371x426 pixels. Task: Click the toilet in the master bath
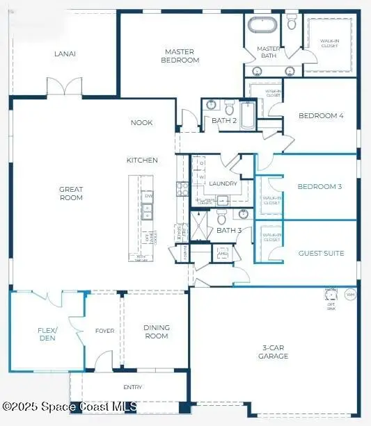point(291,23)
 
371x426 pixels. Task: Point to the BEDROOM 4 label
point(321,116)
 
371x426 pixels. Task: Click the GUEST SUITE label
point(321,254)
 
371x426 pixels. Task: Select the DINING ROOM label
point(156,331)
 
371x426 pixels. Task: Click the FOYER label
point(104,331)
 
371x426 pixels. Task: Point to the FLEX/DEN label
point(47,334)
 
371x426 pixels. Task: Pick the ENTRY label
point(132,387)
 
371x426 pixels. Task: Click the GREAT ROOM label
point(71,193)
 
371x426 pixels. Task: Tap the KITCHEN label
point(142,160)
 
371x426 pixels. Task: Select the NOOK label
point(141,123)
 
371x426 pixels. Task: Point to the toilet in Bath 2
point(229,108)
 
